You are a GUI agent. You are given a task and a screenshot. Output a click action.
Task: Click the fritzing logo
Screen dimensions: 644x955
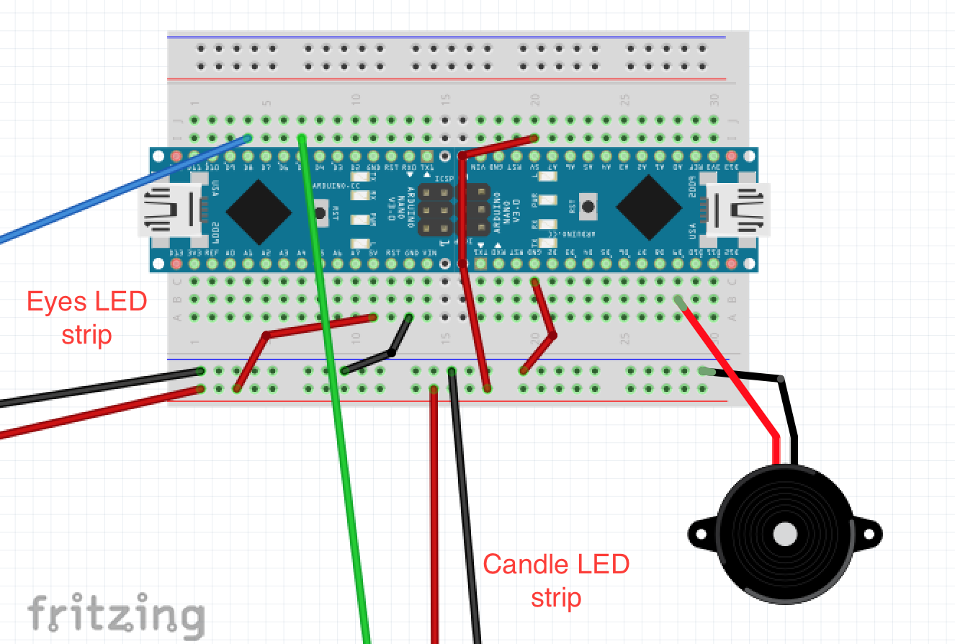(115, 616)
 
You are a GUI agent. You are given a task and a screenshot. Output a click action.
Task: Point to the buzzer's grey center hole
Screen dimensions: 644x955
(784, 534)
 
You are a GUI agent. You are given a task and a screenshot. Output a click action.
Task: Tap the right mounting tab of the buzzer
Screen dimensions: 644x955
(871, 534)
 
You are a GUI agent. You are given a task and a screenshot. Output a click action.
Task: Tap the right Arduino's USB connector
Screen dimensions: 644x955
(739, 209)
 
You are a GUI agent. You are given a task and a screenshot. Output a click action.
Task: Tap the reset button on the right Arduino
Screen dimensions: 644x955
(588, 207)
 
